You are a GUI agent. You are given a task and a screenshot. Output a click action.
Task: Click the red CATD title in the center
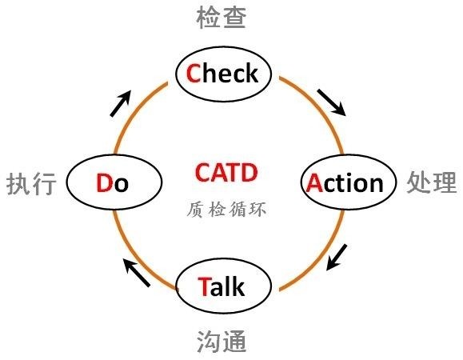[226, 173]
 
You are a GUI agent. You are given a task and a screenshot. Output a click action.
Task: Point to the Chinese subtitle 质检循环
[226, 210]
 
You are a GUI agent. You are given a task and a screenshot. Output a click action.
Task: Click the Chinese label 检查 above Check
[222, 18]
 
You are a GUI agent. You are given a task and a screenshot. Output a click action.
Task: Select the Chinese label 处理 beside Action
[432, 182]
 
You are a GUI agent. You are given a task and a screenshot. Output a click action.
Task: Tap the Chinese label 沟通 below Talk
[222, 341]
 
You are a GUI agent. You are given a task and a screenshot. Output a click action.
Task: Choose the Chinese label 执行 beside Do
[31, 184]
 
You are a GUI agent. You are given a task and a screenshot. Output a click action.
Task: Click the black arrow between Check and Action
[331, 102]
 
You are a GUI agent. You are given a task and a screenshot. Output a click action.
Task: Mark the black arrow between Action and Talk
[337, 257]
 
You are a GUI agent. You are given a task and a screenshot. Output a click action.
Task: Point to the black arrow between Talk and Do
[137, 272]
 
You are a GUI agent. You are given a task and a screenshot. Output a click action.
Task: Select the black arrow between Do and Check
[120, 103]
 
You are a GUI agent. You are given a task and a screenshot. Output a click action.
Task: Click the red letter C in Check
[194, 74]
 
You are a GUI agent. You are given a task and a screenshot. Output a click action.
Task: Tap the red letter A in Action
[315, 183]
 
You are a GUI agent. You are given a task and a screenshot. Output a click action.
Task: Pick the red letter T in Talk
[204, 286]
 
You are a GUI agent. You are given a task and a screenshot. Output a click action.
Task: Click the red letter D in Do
[104, 183]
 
